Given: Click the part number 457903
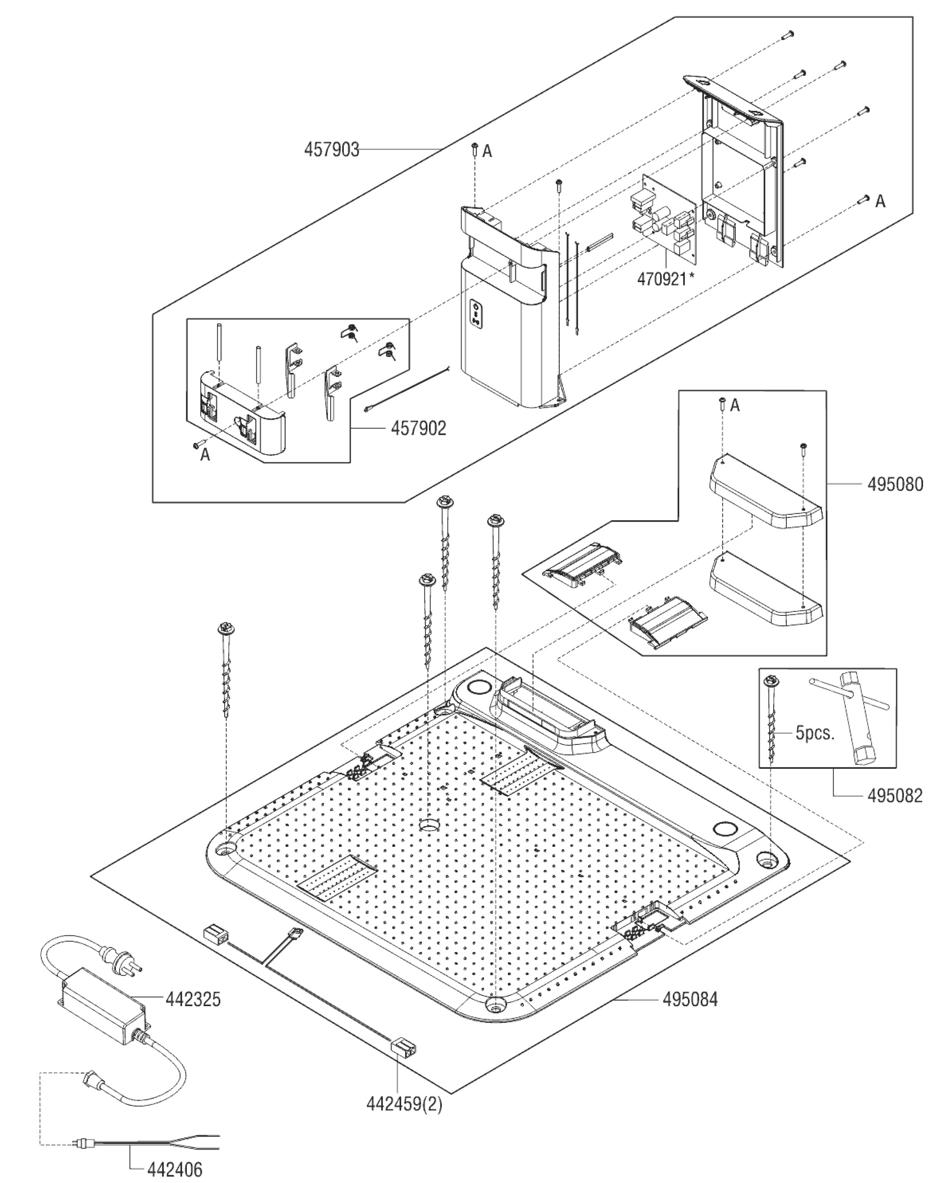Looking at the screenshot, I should tap(332, 149).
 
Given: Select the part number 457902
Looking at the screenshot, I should tap(418, 428).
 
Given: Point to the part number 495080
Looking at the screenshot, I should tap(895, 484).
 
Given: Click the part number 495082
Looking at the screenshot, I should tap(895, 795).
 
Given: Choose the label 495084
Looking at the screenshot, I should tap(690, 999).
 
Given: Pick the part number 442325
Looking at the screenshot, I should tap(193, 999).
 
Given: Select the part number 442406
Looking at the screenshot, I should tap(175, 1170).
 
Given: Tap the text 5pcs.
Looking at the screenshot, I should tap(815, 733).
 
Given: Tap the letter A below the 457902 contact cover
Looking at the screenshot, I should tap(205, 454).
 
